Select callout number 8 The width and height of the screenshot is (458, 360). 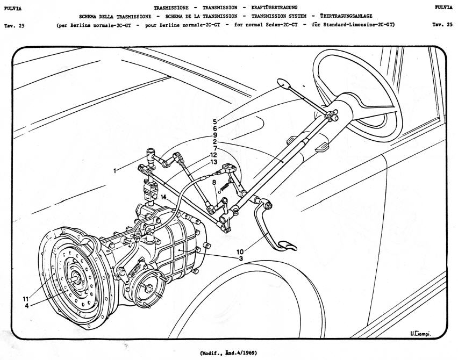pos(214,183)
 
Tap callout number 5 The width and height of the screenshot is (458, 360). pos(214,121)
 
